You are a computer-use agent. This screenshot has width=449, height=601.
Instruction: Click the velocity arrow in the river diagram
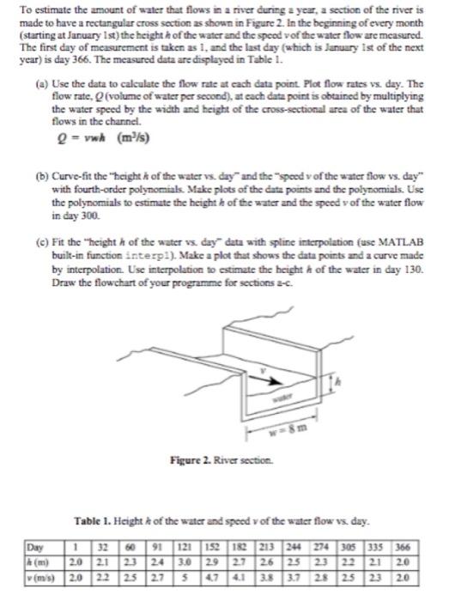point(264,379)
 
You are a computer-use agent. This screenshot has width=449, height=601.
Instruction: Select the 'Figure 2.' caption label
point(191,459)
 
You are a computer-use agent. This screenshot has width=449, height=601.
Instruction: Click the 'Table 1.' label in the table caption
point(92,521)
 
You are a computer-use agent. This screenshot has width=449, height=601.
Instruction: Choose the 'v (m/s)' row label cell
point(40,577)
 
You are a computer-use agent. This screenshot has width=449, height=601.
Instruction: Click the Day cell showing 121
point(185,547)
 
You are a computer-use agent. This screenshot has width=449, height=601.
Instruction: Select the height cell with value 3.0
point(185,562)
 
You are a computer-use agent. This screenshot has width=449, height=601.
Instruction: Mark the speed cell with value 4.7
point(213,577)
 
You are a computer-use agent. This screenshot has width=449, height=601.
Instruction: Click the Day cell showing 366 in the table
point(403,547)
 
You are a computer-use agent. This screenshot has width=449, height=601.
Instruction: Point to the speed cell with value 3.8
point(268,577)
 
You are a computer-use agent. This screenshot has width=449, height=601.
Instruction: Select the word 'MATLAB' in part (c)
point(401,242)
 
